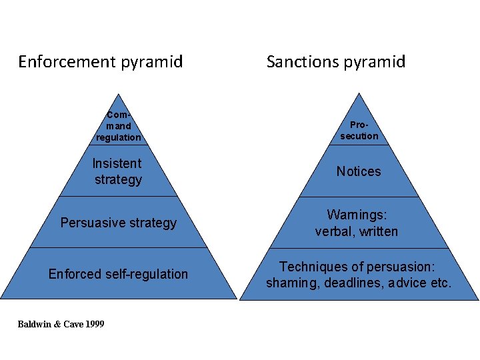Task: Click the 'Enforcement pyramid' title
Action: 100,62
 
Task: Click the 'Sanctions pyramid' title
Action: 335,62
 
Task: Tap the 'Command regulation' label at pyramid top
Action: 118,126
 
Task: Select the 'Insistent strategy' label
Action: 118,171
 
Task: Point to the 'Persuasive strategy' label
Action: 119,223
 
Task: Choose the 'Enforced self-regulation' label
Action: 119,274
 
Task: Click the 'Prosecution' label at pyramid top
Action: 359,130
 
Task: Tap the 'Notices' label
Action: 359,171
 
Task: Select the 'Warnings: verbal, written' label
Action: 357,223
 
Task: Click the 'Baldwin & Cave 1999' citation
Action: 61,324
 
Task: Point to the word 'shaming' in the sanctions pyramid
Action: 289,283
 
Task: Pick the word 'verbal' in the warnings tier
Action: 333,231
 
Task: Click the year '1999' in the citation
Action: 94,324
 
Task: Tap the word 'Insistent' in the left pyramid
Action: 117,163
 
